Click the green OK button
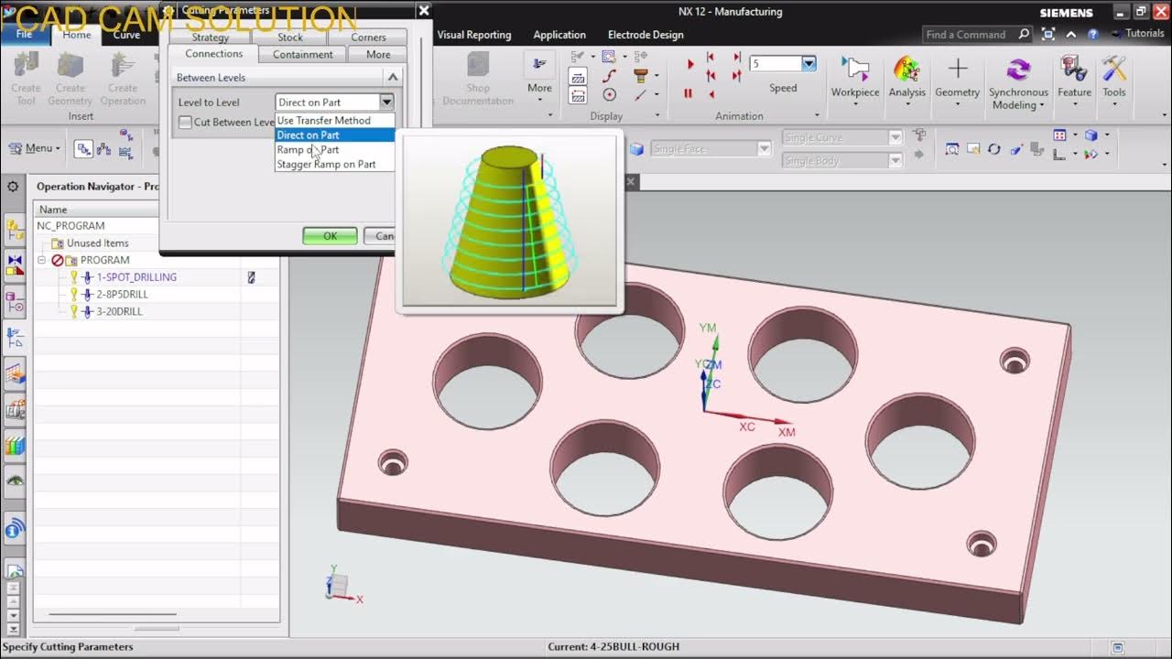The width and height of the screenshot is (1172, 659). tap(330, 236)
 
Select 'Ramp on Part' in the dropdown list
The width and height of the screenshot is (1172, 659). tap(308, 150)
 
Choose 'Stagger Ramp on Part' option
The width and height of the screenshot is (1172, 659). tap(326, 165)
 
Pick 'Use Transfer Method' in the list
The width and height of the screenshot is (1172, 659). tap(323, 121)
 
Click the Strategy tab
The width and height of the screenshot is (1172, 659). tap(211, 38)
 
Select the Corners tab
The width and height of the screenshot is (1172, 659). tap(368, 38)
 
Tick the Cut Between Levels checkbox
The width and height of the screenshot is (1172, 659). tap(186, 123)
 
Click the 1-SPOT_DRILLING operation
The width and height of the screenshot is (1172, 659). tap(136, 277)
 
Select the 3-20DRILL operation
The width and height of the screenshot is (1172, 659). tap(119, 312)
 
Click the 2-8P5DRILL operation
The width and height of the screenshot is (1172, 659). tap(122, 295)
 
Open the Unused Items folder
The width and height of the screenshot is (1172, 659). tap(97, 243)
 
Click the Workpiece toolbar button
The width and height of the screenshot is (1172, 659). tap(854, 73)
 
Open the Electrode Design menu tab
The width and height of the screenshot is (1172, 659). tap(646, 35)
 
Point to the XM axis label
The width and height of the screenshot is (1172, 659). tap(786, 432)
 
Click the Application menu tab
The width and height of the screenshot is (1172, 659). tap(559, 35)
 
